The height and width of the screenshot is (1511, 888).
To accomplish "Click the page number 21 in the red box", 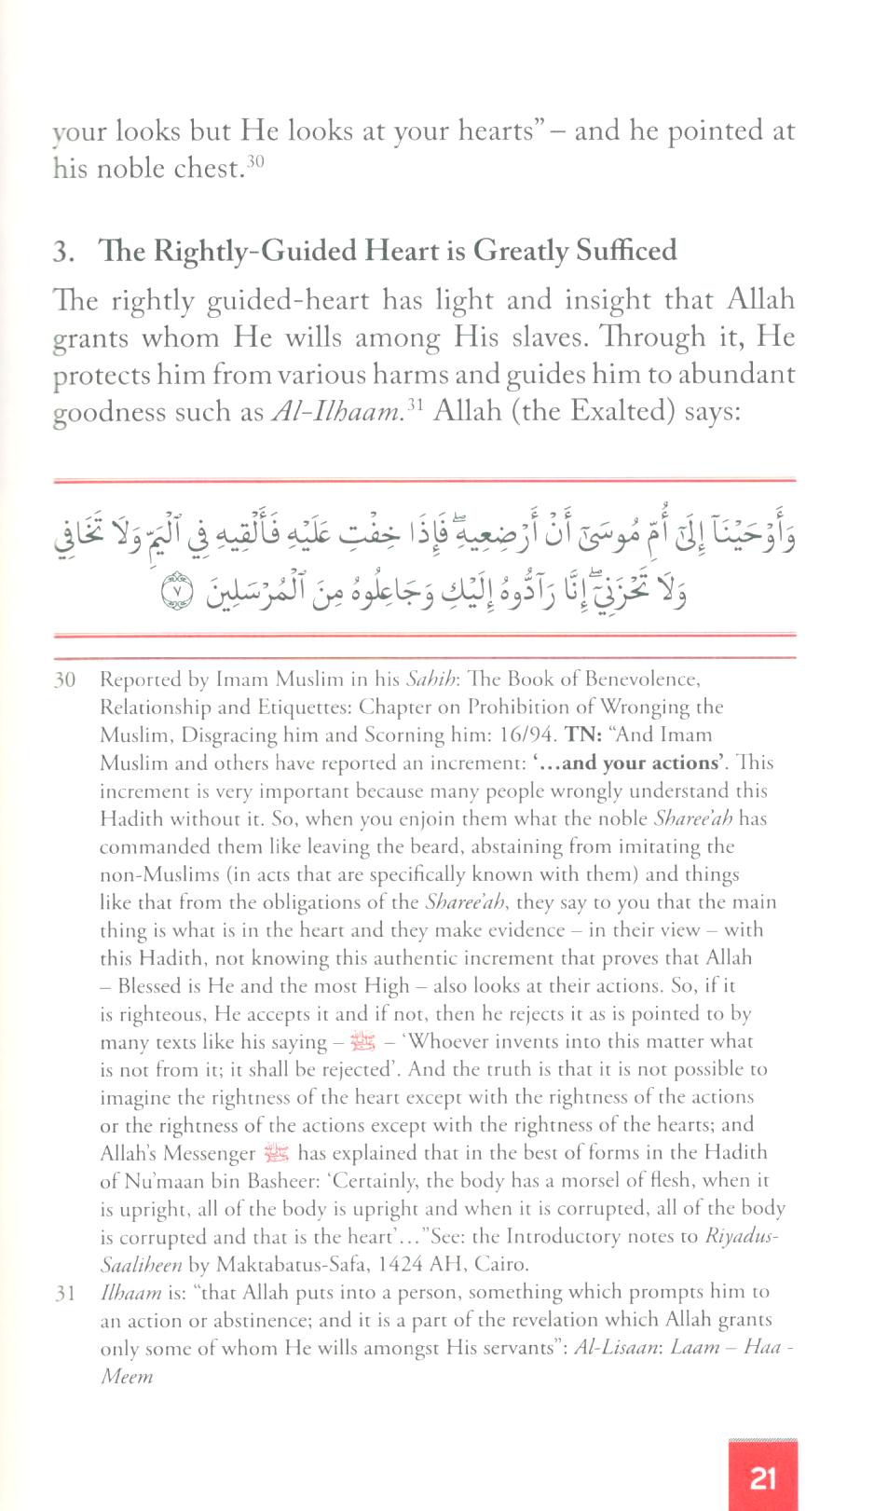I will [x=763, y=1477].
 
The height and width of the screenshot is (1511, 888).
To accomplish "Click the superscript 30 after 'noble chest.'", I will [x=255, y=161].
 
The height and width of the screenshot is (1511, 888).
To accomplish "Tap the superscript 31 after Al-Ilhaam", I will [x=415, y=404].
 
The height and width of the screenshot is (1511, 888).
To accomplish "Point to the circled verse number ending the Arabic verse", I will [x=177, y=591].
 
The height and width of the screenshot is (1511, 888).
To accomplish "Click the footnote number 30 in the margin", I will [x=64, y=680].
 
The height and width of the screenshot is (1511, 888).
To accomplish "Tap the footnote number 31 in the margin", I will [x=64, y=1293].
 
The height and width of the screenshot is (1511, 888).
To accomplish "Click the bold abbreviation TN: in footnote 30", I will [x=584, y=735].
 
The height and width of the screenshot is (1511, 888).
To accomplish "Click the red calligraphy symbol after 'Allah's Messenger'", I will [x=277, y=1153].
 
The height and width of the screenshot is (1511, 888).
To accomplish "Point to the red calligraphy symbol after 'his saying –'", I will [x=362, y=1041].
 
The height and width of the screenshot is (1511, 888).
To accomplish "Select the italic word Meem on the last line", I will [x=127, y=1377].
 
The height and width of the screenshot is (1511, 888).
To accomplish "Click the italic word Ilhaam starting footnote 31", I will [x=130, y=1293].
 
